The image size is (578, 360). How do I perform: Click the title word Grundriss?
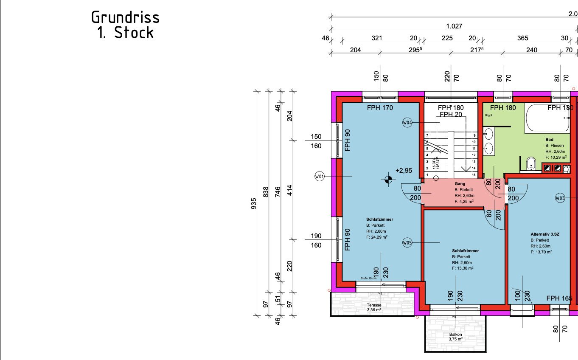coord(126,17)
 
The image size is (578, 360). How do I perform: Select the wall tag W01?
coord(320,176)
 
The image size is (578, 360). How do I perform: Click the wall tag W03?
coord(560,198)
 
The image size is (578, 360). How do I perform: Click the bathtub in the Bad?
coord(547,118)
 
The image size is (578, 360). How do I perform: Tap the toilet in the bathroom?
coord(530,164)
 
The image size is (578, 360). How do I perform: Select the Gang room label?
coord(460,184)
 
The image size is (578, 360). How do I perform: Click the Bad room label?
coord(549,139)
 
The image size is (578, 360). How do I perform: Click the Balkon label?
coord(456,334)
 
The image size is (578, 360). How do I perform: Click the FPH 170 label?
coord(380,108)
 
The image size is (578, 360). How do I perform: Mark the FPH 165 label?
coord(559,298)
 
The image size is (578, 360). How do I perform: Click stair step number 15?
coord(474,175)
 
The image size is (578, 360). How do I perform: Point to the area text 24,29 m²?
coord(378,237)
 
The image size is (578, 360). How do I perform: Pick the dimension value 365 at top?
coord(523,38)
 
